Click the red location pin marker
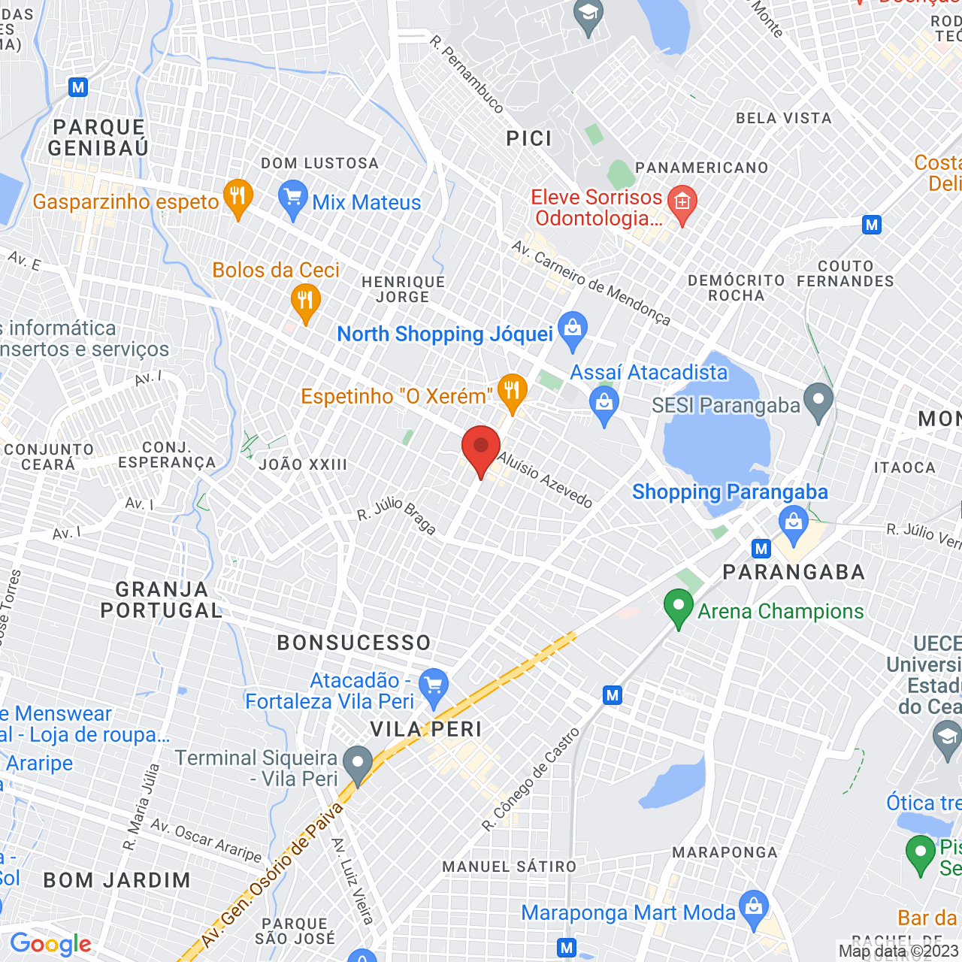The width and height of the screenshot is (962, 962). [481, 449]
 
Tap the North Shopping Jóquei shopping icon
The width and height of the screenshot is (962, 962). [573, 329]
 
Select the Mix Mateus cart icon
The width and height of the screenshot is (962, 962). [292, 199]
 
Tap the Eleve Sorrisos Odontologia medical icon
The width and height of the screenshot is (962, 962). [682, 203]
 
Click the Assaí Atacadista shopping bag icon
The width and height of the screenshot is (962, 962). [604, 403]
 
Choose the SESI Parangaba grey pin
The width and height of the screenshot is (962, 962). [818, 400]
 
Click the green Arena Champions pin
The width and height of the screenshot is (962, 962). [678, 607]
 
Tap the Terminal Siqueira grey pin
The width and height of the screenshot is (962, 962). [358, 763]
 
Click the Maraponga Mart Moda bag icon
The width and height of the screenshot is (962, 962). [753, 907]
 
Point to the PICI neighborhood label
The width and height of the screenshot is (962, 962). [529, 139]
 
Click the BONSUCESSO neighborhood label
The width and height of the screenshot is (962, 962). [354, 643]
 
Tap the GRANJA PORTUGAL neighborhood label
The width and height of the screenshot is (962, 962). [162, 600]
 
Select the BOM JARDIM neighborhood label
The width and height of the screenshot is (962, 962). [117, 880]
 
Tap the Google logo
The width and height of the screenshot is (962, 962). [50, 944]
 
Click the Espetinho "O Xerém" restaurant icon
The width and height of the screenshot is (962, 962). [512, 392]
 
